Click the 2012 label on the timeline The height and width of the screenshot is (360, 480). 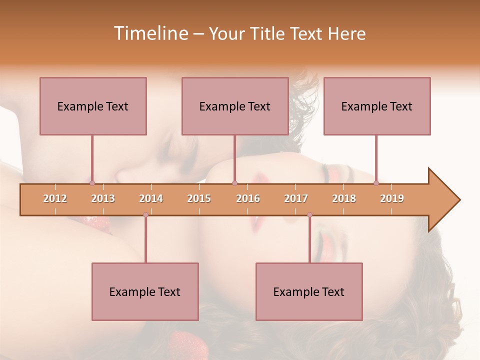coord(55,198)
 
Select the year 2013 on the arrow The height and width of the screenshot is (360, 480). coord(103,198)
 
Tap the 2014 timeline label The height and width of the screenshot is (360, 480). coord(151,198)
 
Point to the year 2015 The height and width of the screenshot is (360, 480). coord(199,198)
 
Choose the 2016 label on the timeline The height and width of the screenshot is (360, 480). coord(248,198)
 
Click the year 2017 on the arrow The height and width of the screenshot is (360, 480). coord(296,198)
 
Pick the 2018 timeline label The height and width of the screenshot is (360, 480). coord(344,198)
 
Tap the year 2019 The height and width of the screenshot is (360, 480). coord(392,198)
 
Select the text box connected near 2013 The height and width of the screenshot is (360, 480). coord(93,106)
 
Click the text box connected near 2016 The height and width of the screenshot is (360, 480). coord(235,106)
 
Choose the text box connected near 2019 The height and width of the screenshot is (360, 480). coord(377,106)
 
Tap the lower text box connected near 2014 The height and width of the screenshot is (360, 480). coord(145,291)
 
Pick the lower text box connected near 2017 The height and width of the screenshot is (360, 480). coord(309,291)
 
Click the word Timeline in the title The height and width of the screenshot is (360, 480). coord(150,33)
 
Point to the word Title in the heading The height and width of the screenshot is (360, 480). coord(268,33)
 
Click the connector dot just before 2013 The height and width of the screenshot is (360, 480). coord(92,183)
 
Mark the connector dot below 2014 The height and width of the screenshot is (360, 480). coord(145,215)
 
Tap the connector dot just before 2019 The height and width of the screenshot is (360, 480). coord(376,183)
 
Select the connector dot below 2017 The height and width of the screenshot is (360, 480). coord(309,215)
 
